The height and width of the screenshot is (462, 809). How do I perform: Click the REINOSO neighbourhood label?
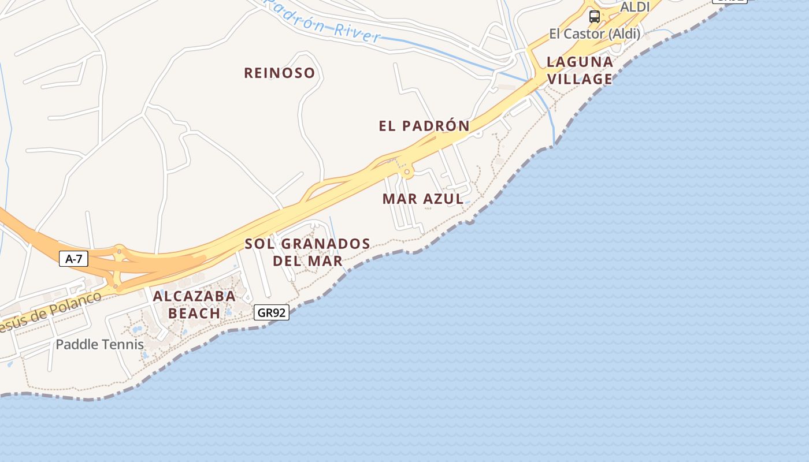pos(279,73)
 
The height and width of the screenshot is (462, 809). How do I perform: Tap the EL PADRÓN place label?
pos(424,126)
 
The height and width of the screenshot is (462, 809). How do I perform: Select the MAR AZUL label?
pos(422,199)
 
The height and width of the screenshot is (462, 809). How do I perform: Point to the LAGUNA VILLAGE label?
pos(580,70)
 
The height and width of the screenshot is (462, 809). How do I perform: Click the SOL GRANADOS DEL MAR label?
pos(307,252)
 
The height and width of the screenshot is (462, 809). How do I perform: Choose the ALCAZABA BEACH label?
pos(194,305)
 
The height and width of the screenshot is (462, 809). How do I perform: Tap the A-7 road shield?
pos(73,259)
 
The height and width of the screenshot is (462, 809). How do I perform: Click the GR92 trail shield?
pos(271,313)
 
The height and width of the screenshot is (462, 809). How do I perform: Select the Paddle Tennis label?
pos(99,345)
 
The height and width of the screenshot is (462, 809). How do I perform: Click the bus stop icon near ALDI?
pos(594,16)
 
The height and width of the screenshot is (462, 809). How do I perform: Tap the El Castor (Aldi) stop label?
pos(594,34)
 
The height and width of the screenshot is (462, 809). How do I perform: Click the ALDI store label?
pos(634,7)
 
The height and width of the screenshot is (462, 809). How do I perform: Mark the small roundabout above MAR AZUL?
pos(407,172)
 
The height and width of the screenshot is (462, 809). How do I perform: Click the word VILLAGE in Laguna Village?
pos(580,79)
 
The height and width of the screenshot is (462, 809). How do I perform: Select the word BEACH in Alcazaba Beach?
pos(194,314)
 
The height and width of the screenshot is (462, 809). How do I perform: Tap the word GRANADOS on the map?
pos(326,244)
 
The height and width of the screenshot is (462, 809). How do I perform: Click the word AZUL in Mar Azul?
pos(443,199)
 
